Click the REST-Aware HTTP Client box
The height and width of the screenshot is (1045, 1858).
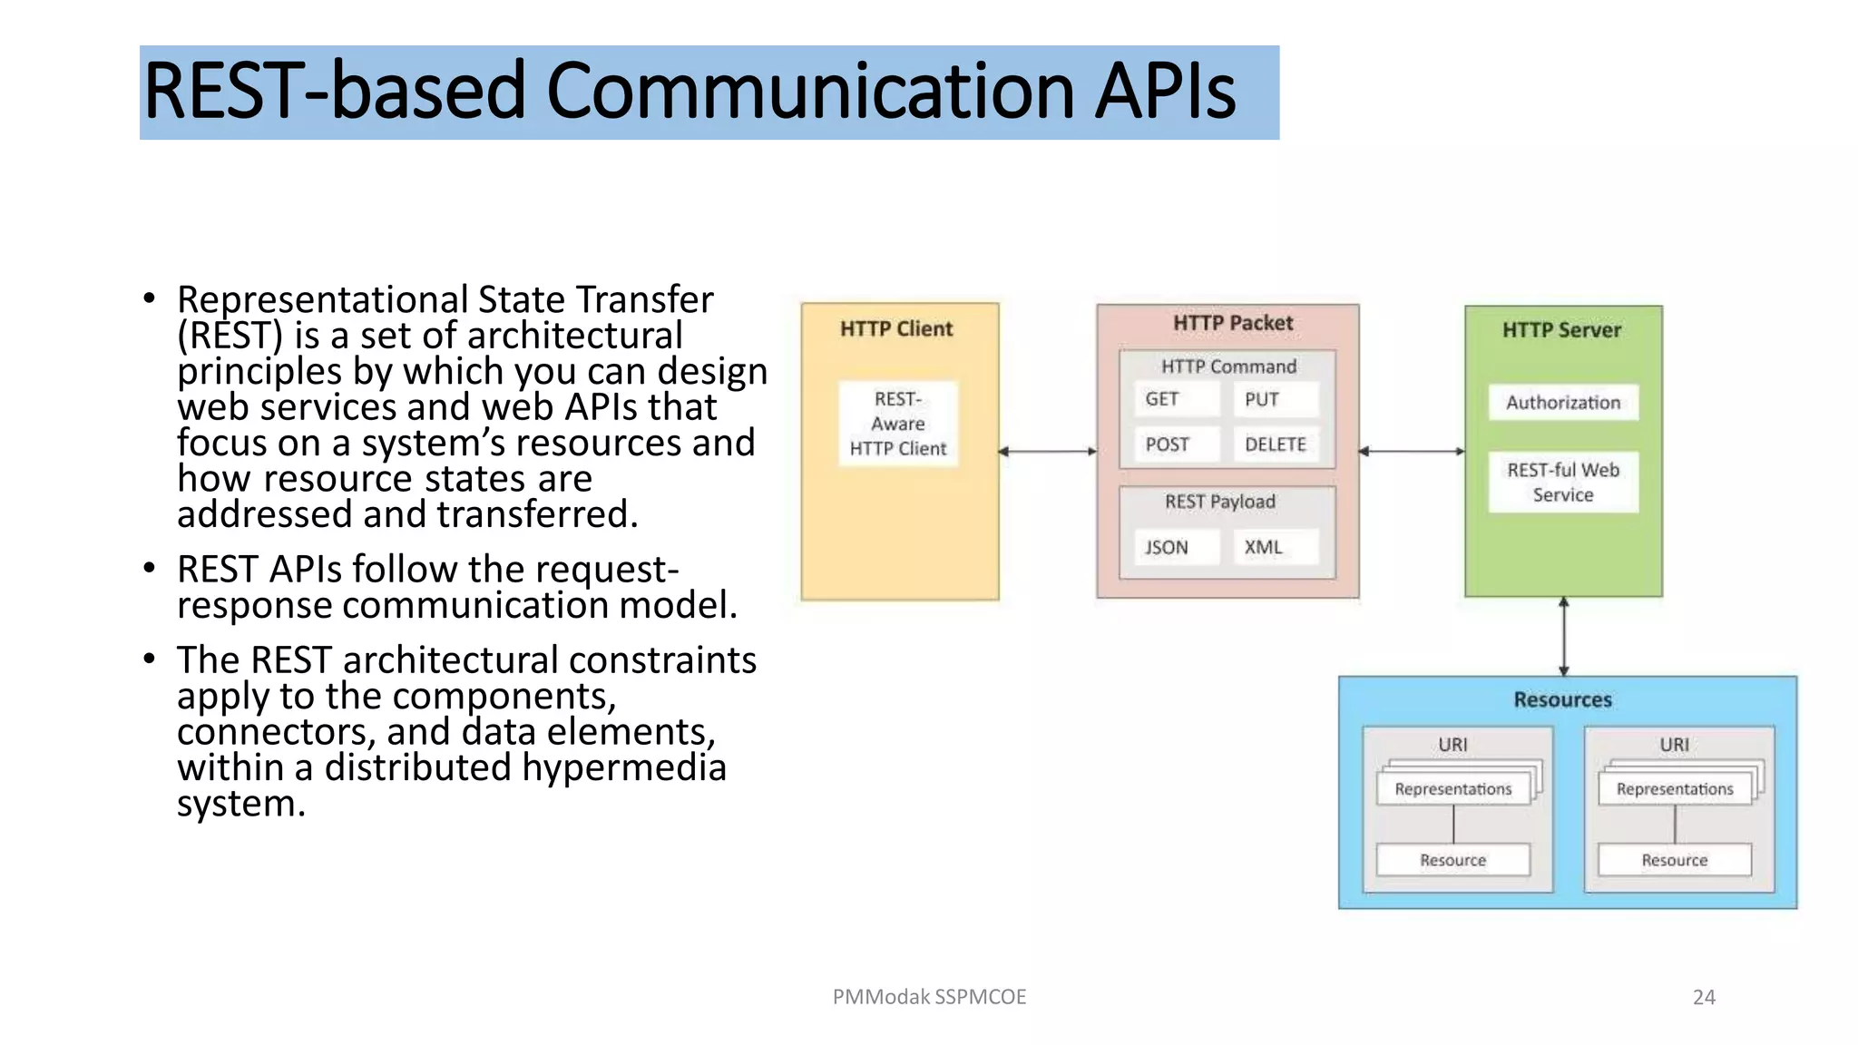[898, 424]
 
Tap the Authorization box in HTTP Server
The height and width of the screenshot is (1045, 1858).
[1563, 403]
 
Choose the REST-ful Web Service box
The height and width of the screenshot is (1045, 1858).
[1563, 483]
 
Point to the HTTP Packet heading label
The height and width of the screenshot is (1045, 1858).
[1232, 323]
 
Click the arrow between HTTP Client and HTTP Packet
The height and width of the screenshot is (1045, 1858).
[1048, 451]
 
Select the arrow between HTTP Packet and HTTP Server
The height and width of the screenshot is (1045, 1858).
[1412, 451]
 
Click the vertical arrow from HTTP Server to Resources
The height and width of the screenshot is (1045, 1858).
[1564, 637]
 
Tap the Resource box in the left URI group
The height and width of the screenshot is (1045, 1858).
[1452, 860]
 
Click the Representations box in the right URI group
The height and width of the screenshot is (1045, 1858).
[1675, 789]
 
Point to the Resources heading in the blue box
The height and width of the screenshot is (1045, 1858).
[1562, 699]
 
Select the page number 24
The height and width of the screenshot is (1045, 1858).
[1704, 997]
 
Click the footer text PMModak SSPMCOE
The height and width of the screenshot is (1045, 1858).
[929, 997]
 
